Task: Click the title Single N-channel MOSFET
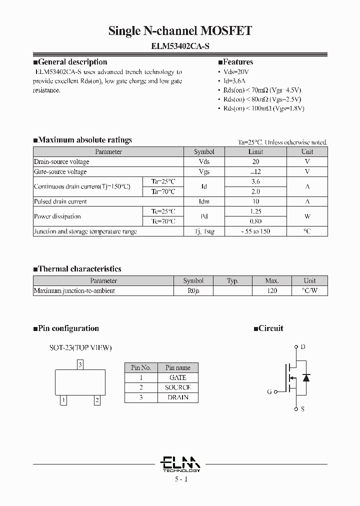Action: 180,31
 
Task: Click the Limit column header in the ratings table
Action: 255,151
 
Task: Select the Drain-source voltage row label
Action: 61,161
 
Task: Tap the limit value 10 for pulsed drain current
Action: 255,201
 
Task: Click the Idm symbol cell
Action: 204,201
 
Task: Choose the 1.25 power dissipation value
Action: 255,211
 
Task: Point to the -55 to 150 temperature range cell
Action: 255,231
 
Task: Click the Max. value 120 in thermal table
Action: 272,290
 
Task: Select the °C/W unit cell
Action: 309,290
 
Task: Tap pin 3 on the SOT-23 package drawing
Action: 80,365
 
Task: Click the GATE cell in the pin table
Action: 177,377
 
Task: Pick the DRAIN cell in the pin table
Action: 177,397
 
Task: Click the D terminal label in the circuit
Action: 302,346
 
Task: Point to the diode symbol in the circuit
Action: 306,377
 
